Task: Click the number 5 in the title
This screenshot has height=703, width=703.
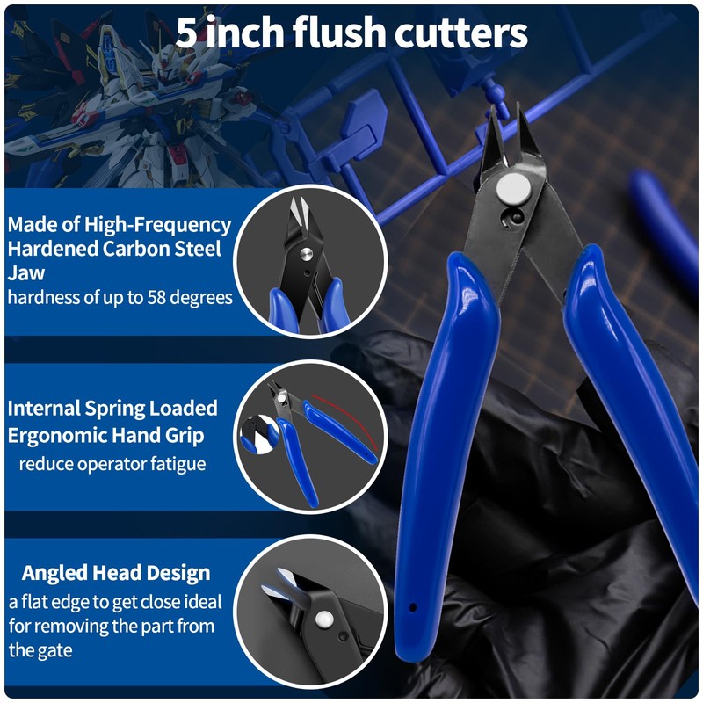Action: pyautogui.click(x=186, y=33)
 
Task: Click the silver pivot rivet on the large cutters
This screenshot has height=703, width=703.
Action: pyautogui.click(x=507, y=187)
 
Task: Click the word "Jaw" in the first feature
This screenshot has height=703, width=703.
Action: pyautogui.click(x=26, y=272)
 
